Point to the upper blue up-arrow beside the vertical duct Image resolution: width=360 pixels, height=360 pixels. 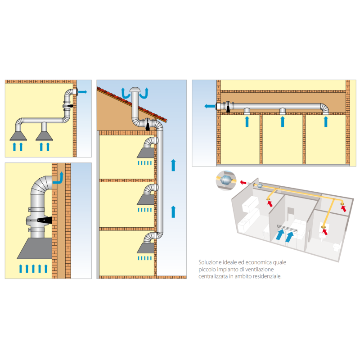click(173, 165)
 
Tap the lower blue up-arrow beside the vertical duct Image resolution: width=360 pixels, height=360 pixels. click(173, 210)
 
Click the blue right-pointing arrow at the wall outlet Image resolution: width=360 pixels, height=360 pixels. click(83, 91)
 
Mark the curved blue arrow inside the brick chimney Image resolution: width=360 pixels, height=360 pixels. click(58, 179)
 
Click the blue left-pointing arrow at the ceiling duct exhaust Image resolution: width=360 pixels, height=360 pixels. click(209, 106)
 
